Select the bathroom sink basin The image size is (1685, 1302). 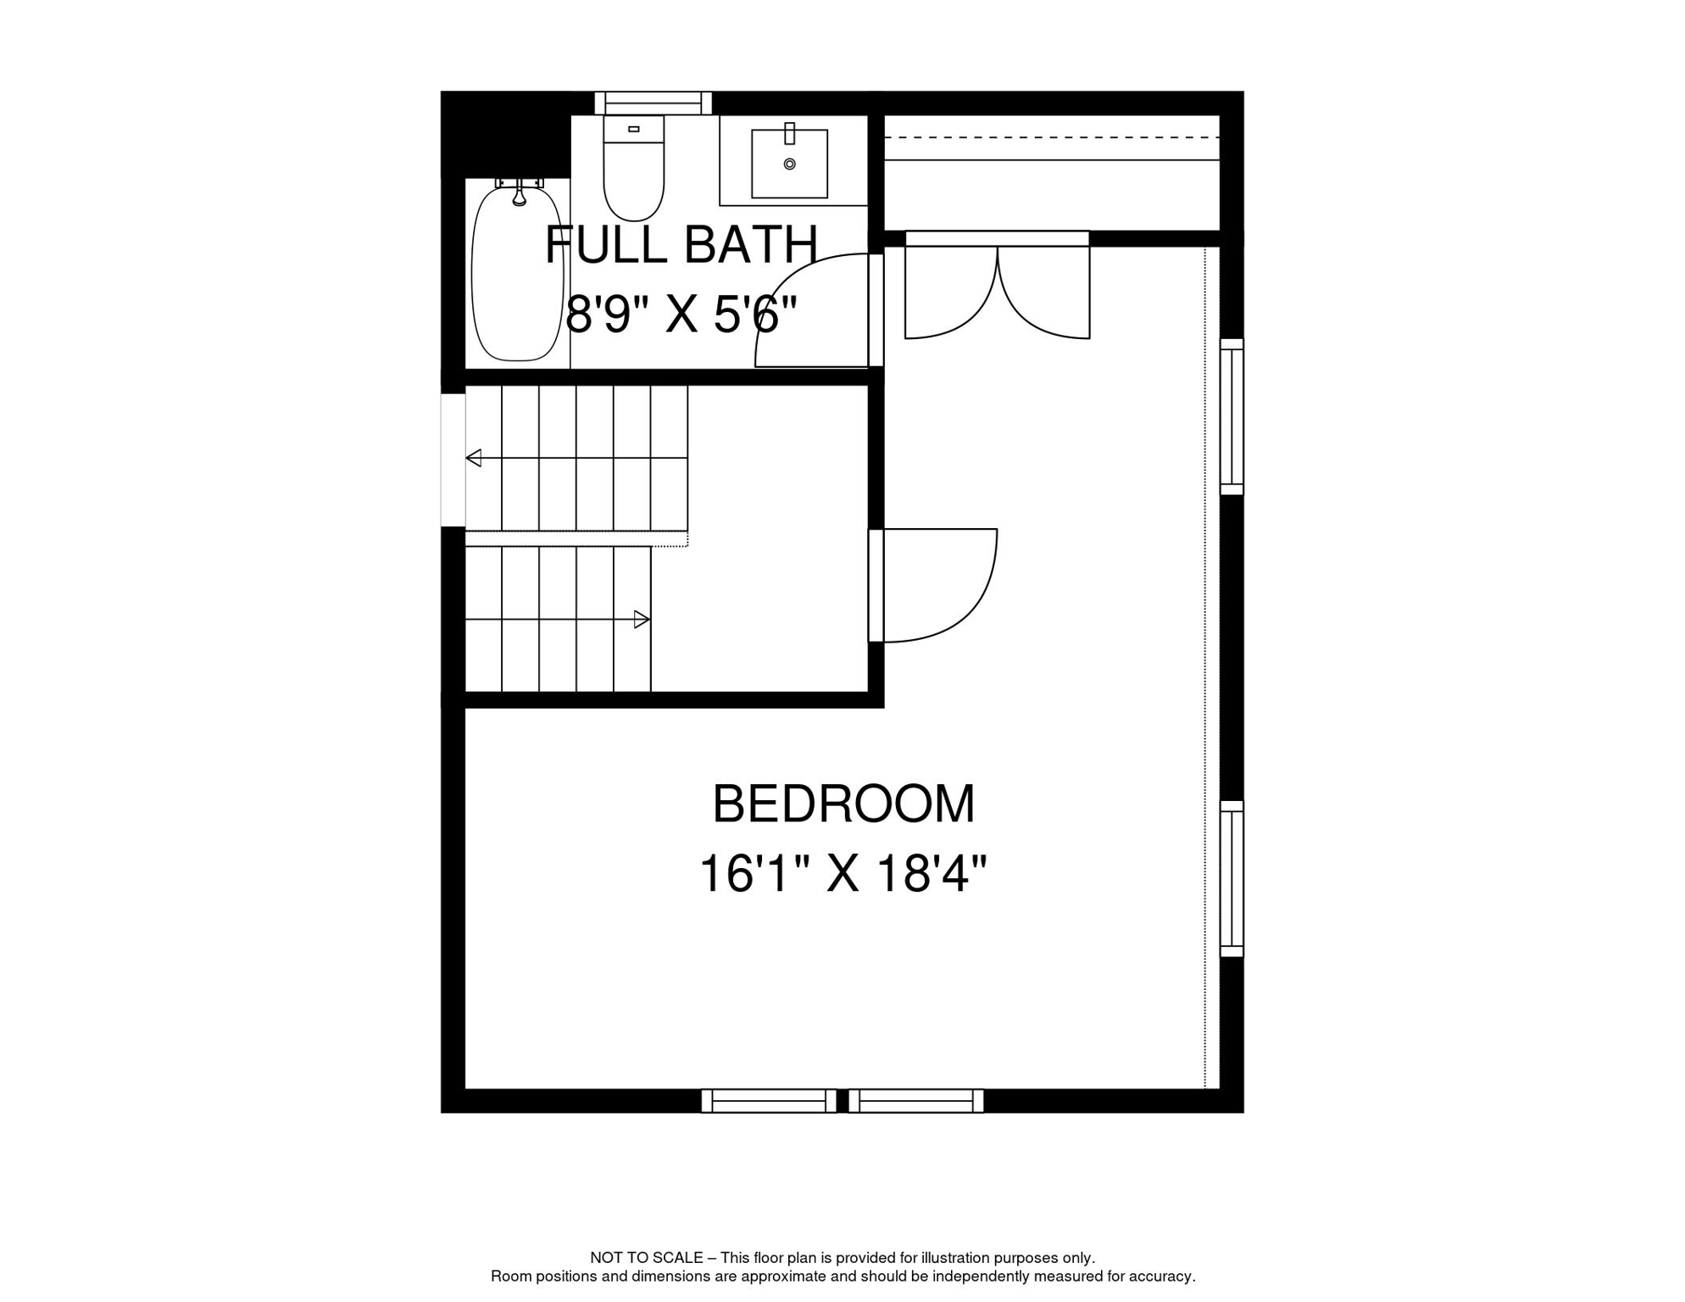point(789,164)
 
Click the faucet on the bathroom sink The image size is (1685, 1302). point(789,133)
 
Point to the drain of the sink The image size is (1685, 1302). point(789,164)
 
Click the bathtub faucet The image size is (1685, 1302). point(520,192)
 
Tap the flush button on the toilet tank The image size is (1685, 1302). point(633,129)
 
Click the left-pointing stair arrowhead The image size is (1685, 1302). point(473,458)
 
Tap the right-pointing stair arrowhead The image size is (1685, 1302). point(642,620)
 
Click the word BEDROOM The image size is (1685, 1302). point(843,804)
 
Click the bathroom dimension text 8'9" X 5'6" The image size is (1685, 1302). point(681,314)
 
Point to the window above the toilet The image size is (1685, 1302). point(653,103)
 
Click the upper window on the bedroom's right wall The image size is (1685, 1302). point(1232,417)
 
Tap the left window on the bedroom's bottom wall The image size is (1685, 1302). point(769,1101)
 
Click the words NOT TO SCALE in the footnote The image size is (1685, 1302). point(646,1258)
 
